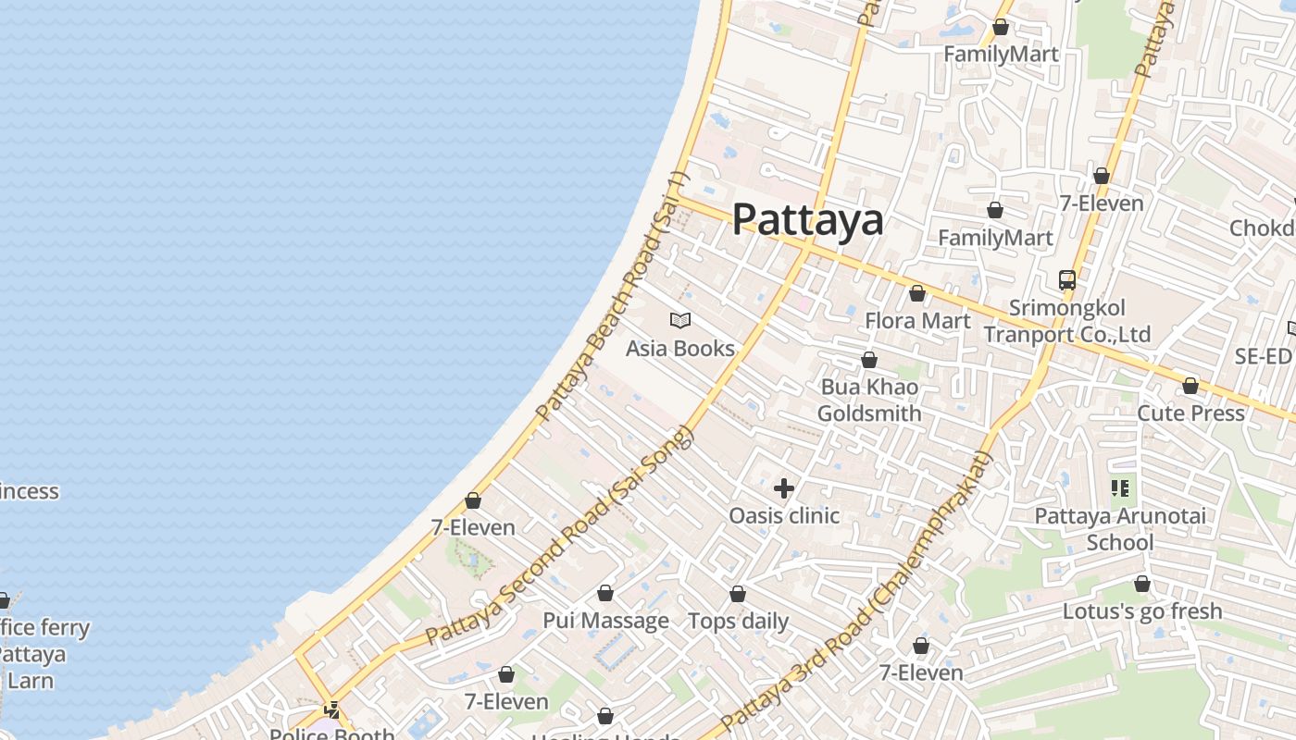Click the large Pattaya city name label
coord(807,220)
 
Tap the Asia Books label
coord(680,349)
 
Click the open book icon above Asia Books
coord(680,321)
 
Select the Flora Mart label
coord(917,321)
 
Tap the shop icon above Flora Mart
coord(917,294)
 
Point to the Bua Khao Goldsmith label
coord(869,400)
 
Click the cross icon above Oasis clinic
coord(784,488)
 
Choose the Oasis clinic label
coord(784,515)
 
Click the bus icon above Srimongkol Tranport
coord(1067,279)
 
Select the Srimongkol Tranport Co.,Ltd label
coord(1067,321)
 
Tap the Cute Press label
coord(1190,413)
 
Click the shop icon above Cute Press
coord(1190,386)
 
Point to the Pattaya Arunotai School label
coord(1120,528)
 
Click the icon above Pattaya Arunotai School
coord(1120,487)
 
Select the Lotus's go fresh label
coord(1142,611)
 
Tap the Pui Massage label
coord(605,621)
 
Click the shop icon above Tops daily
coord(738,594)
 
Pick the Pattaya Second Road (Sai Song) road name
coord(559,536)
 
